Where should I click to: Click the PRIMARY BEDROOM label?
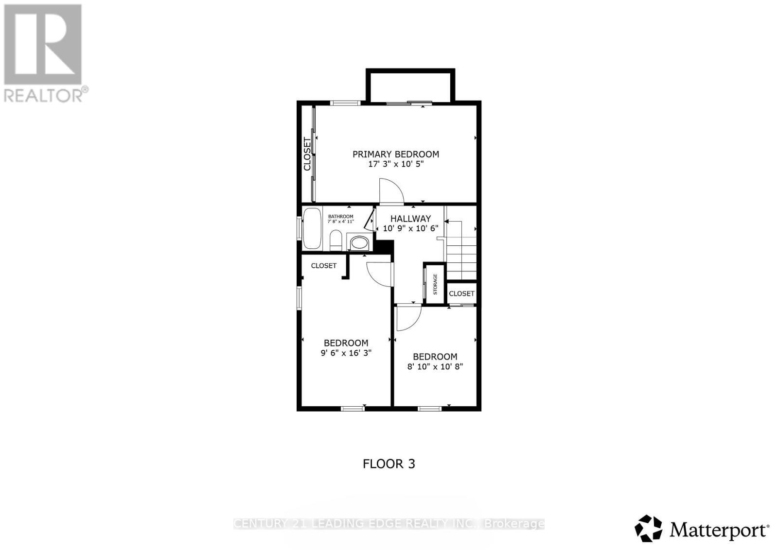[x=395, y=154]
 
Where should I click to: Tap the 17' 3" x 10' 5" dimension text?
[x=395, y=164]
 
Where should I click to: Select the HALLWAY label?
[x=410, y=219]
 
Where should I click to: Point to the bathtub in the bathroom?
[x=312, y=229]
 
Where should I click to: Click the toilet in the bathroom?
[x=336, y=241]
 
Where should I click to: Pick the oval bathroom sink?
[x=359, y=242]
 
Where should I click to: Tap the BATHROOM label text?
[x=340, y=216]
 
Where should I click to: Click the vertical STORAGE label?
[x=435, y=284]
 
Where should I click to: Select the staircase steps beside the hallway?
[x=461, y=258]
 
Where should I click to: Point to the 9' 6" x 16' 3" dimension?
[x=346, y=353]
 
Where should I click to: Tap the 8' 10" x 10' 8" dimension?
[x=435, y=367]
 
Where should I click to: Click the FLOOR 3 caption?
[x=389, y=464]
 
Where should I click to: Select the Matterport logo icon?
[x=648, y=528]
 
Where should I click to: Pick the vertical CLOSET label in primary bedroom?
[x=307, y=154]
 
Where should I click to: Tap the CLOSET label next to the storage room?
[x=461, y=293]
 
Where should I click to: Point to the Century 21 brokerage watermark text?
[x=389, y=524]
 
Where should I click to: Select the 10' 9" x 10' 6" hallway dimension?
[x=410, y=228]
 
